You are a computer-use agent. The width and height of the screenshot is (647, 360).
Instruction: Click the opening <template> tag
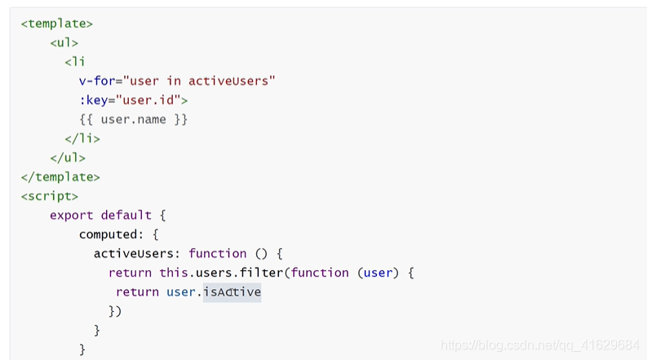point(56,24)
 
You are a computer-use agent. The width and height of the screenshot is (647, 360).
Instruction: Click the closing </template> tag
point(60,176)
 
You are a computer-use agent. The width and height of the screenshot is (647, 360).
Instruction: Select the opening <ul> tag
point(64,42)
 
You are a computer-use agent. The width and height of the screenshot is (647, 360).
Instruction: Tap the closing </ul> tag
point(67,158)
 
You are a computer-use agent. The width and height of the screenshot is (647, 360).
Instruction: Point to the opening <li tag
point(74,62)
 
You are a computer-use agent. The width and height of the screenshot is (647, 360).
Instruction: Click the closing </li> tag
point(82,139)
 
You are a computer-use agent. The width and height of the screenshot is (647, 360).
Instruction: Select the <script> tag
point(49,196)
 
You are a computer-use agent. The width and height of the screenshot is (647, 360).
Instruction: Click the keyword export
point(72,216)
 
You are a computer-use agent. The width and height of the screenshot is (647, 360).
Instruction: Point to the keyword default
point(126,216)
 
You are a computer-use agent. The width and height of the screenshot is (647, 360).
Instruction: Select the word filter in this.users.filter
point(266,273)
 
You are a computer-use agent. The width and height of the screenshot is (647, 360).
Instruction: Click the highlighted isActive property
point(232,292)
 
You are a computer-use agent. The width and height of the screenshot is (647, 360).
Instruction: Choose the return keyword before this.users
point(130,273)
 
